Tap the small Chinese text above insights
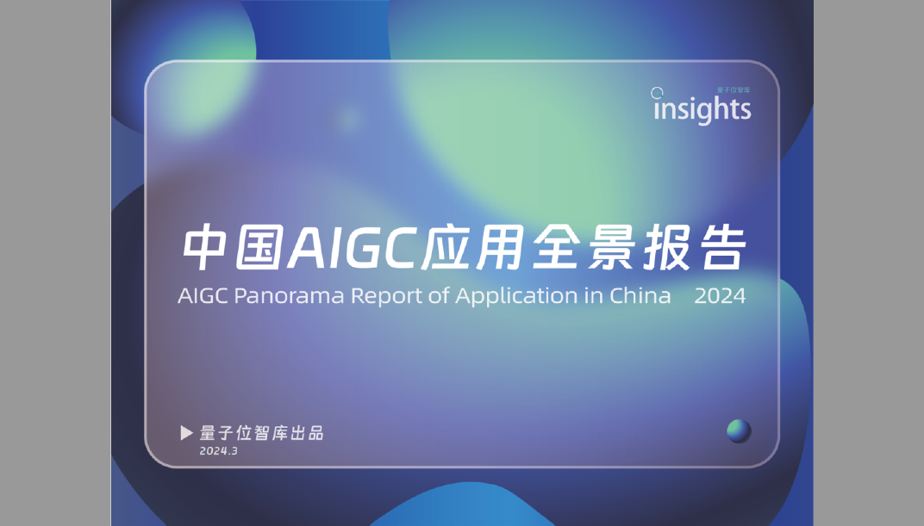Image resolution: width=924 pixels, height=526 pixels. click(x=733, y=90)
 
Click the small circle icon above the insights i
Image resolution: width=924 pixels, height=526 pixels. click(x=657, y=92)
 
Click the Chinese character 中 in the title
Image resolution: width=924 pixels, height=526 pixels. click(x=205, y=247)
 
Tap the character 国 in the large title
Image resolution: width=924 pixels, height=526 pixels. click(x=259, y=247)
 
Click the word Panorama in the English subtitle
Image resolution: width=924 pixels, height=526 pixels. click(x=289, y=295)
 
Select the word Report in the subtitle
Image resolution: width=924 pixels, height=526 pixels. click(x=386, y=296)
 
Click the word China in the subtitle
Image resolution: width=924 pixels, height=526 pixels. click(x=640, y=294)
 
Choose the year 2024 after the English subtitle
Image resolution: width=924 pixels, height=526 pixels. click(x=720, y=295)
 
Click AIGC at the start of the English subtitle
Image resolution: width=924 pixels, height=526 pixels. click(x=203, y=295)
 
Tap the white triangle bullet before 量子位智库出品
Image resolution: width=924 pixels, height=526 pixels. click(x=186, y=433)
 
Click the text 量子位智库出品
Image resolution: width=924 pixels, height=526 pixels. click(x=262, y=433)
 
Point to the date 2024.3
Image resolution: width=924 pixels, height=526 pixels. click(x=219, y=451)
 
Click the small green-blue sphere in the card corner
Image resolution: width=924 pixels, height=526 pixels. click(x=739, y=430)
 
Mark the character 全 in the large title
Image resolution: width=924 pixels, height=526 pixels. click(x=554, y=247)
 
